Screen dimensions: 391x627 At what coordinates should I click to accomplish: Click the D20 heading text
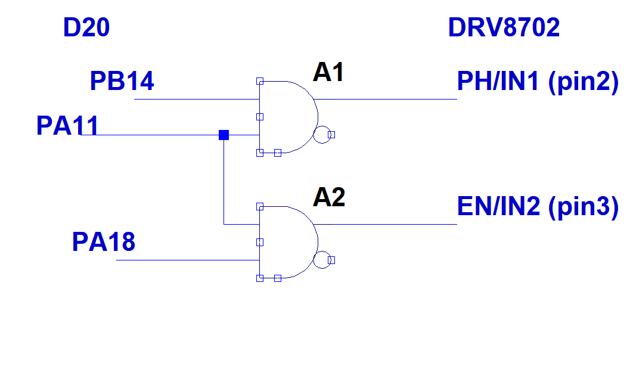tap(86, 28)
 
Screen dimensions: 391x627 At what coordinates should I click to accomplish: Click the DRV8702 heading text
tap(504, 28)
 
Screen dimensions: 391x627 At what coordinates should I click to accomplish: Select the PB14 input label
tap(122, 81)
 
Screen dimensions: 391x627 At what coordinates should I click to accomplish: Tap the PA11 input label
tap(67, 126)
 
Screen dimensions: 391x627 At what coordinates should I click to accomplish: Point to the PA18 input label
tap(103, 242)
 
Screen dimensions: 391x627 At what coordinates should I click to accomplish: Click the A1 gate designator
tap(329, 73)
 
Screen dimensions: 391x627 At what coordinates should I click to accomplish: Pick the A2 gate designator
tap(329, 197)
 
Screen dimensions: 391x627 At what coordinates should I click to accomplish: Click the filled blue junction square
tap(224, 135)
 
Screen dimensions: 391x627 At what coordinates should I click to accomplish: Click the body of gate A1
tap(286, 117)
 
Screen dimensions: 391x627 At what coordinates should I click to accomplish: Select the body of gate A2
tap(286, 242)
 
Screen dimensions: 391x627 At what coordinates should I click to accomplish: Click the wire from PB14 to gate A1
tap(197, 99)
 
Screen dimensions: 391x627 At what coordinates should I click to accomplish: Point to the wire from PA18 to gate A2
tap(188, 260)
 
